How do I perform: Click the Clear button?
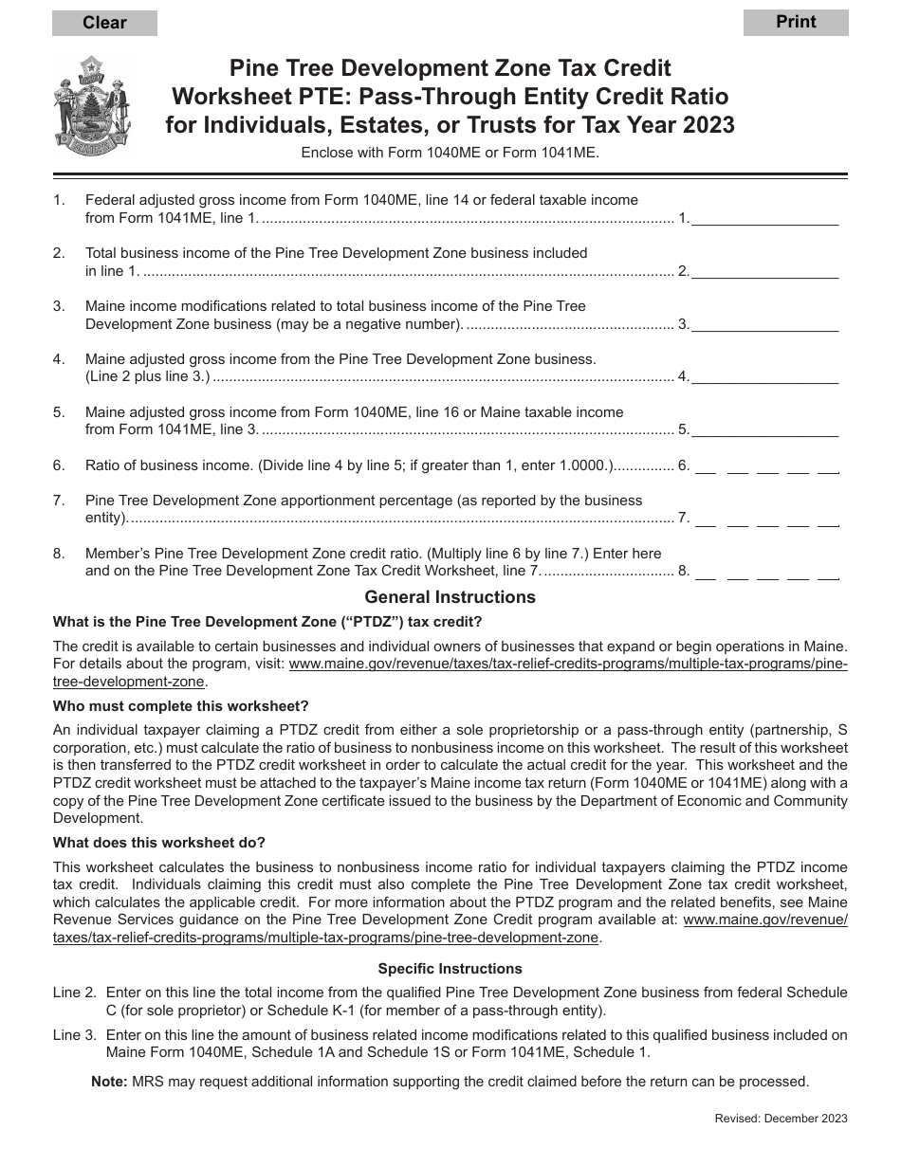click(104, 23)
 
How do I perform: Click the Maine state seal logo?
click(93, 104)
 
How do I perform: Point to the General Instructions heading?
click(450, 597)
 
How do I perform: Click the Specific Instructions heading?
click(450, 969)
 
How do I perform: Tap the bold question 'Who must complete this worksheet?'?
click(181, 706)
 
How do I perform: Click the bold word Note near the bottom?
click(108, 1081)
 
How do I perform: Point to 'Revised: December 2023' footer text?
click(781, 1119)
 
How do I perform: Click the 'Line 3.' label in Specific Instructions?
click(75, 1035)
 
